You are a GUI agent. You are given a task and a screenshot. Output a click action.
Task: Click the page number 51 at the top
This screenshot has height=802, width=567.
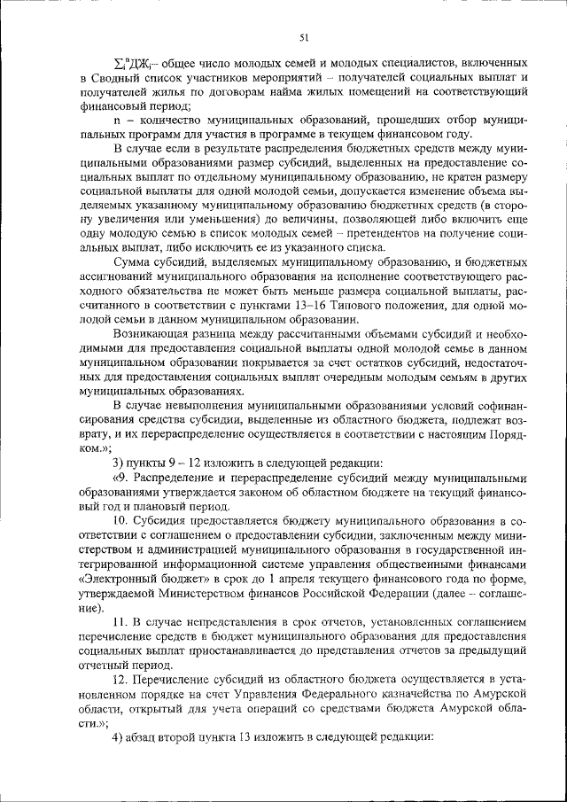click(303, 36)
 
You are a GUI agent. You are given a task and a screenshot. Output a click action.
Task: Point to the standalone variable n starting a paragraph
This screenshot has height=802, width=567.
click(118, 119)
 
